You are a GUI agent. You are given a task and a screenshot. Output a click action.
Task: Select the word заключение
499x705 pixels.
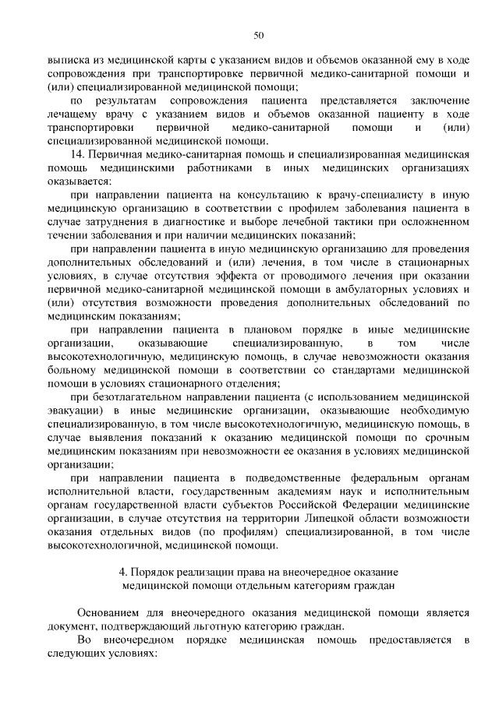(441, 101)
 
